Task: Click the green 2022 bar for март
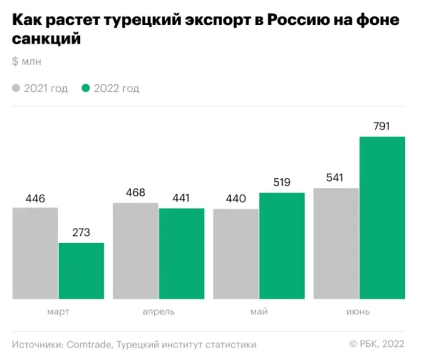pos(81,271)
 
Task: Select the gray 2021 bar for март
pos(35,253)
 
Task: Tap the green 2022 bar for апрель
pos(181,253)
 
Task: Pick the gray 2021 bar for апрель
pos(136,251)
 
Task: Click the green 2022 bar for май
pos(281,246)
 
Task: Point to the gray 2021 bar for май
pos(236,253)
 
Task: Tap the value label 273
pos(81,233)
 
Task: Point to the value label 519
pos(281,183)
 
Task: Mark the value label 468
pos(136,193)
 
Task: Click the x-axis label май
pos(259,312)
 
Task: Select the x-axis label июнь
pos(359,312)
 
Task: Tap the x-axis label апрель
pos(158,312)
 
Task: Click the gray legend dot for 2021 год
pos(16,88)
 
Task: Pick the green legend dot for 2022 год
pos(86,88)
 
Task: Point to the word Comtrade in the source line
pos(88,345)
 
